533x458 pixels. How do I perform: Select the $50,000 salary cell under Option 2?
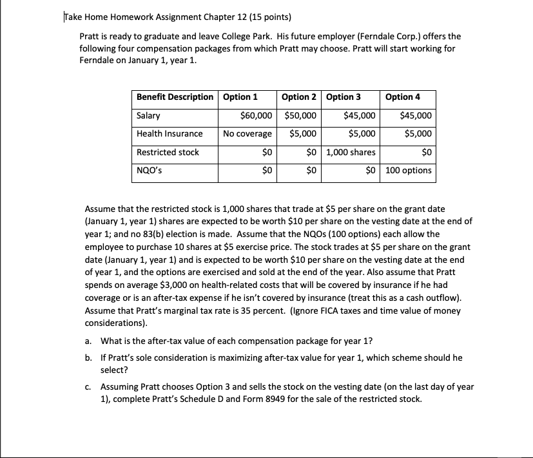pos(300,116)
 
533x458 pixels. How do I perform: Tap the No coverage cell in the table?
pos(247,134)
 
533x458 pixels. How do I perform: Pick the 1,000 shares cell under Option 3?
pos(351,153)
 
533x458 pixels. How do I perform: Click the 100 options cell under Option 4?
pos(409,171)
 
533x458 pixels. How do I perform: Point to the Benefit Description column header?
pos(175,97)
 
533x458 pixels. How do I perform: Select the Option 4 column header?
pos(402,97)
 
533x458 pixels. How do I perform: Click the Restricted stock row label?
pos(168,153)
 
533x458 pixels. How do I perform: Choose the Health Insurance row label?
pos(170,134)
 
